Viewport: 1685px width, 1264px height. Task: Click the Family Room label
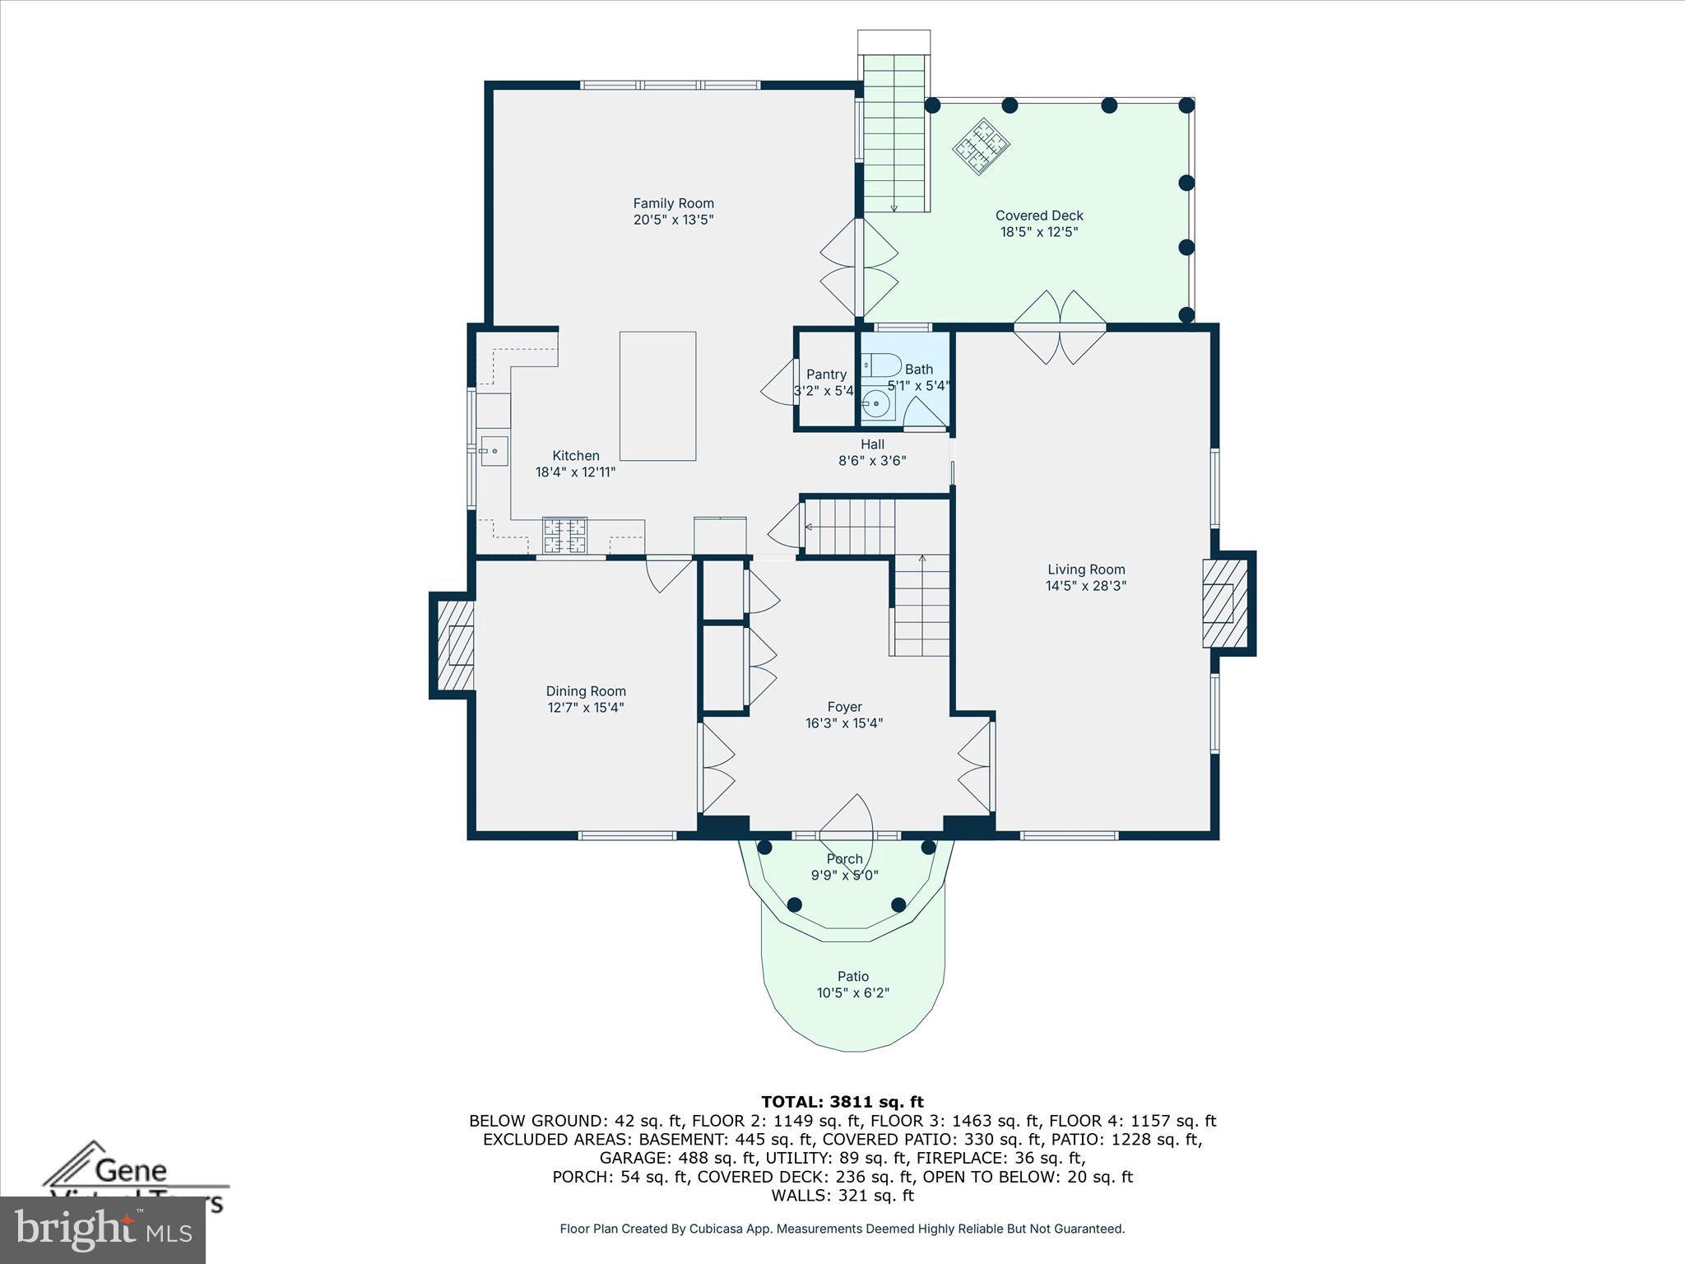click(x=673, y=203)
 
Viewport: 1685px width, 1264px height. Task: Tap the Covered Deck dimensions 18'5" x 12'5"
click(x=1039, y=232)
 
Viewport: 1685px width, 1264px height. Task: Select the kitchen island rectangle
click(x=657, y=396)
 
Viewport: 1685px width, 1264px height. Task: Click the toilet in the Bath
click(x=882, y=365)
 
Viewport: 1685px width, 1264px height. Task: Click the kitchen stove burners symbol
click(x=564, y=535)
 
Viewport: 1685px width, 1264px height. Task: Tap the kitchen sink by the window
click(x=494, y=452)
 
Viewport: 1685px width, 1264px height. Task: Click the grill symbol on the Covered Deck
click(x=982, y=146)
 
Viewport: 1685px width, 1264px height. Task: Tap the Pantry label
click(x=826, y=374)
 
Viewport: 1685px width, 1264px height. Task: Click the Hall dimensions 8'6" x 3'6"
click(x=872, y=461)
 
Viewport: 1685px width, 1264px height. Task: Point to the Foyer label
click(x=844, y=707)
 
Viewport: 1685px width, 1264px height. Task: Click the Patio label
click(x=853, y=977)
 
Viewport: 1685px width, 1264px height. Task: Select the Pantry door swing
click(x=778, y=383)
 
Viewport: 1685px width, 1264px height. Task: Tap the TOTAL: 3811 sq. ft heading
click(x=842, y=1102)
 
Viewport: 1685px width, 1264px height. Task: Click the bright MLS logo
click(x=103, y=1229)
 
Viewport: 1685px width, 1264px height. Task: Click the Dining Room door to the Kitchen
click(x=667, y=574)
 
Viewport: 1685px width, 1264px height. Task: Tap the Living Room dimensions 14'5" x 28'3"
click(x=1086, y=586)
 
